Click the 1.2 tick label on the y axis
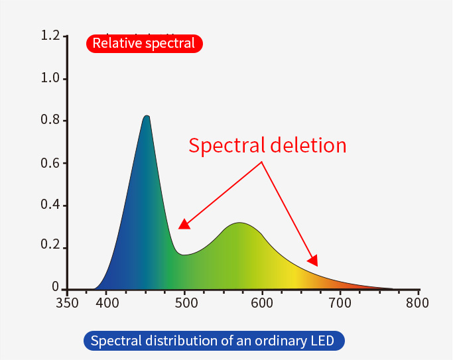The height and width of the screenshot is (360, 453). pos(50,36)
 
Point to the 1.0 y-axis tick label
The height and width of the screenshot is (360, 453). pos(50,78)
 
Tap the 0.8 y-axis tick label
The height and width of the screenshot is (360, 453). pos(50,121)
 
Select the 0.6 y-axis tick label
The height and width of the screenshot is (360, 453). pos(50,163)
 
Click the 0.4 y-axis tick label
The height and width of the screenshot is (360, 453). pos(50,205)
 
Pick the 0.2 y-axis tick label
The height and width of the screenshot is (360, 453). pos(50,247)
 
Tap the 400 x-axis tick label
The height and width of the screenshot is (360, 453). pos(107,304)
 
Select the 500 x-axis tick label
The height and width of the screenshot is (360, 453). pos(186,304)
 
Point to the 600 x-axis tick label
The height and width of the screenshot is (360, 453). pos(263,304)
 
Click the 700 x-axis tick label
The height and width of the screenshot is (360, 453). pos(340,304)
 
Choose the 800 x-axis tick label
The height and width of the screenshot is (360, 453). pos(418,304)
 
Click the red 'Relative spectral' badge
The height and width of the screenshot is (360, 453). pos(144,44)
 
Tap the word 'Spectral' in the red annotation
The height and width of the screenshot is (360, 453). pos(225,145)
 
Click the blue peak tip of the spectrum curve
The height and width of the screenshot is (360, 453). pos(147,117)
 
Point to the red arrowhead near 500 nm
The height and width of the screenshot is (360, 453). pos(184,224)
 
